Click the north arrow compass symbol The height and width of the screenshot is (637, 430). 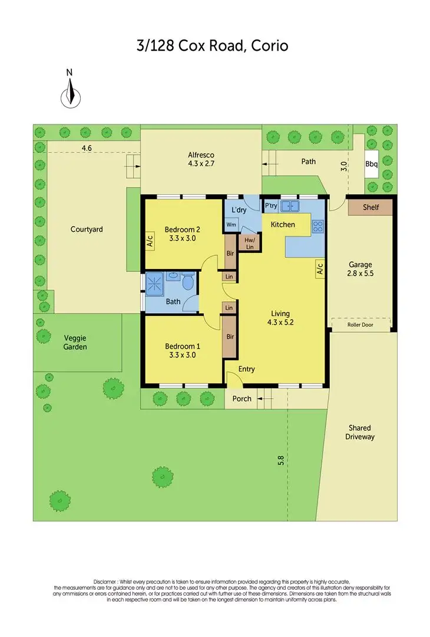pyautogui.click(x=70, y=94)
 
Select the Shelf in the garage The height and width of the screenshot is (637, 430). pyautogui.click(x=371, y=207)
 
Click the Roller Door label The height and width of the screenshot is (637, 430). pyautogui.click(x=360, y=324)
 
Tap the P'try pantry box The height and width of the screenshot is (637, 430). pyautogui.click(x=271, y=206)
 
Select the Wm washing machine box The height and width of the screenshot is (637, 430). pyautogui.click(x=231, y=225)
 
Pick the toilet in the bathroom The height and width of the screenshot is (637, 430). pyautogui.click(x=188, y=283)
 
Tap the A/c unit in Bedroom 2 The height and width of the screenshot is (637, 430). pyautogui.click(x=150, y=241)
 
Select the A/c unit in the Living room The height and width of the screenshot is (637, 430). pyautogui.click(x=320, y=270)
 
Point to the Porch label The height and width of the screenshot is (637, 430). pyautogui.click(x=242, y=399)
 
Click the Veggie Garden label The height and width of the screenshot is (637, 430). pyautogui.click(x=75, y=343)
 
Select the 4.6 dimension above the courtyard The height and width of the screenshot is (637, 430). pyautogui.click(x=87, y=148)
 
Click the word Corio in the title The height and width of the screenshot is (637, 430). pyautogui.click(x=269, y=45)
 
